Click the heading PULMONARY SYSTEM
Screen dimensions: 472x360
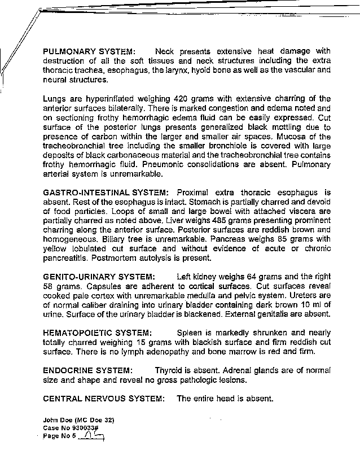point(89,51)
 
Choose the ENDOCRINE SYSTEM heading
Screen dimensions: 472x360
point(88,370)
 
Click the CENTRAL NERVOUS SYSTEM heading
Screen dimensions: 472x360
point(104,398)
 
